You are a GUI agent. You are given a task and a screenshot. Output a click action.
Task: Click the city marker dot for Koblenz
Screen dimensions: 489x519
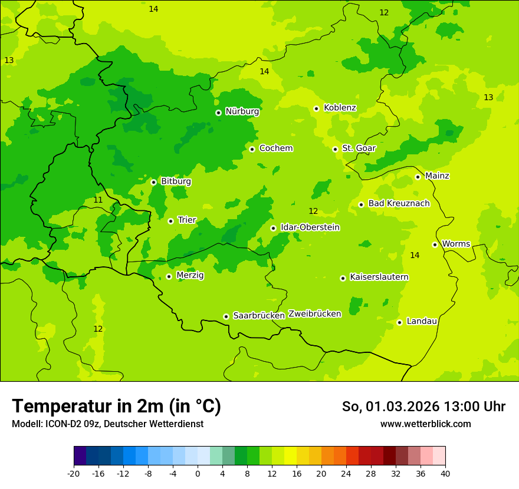tap(316, 108)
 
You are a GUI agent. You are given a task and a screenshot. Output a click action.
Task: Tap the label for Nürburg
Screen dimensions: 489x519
tap(242, 111)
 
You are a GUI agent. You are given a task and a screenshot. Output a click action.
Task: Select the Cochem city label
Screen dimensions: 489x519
tap(275, 148)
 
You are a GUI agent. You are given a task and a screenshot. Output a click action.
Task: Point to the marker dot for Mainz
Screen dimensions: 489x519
tap(418, 177)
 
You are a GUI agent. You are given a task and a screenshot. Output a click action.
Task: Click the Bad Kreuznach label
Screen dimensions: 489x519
tap(399, 204)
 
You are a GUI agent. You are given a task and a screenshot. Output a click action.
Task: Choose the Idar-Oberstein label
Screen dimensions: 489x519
tap(310, 227)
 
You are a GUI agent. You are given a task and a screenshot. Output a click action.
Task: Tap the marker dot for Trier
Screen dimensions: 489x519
tap(170, 221)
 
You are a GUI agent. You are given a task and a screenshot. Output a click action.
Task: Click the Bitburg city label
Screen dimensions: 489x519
tap(176, 181)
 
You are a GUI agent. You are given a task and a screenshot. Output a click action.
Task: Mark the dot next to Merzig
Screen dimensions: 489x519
tap(169, 276)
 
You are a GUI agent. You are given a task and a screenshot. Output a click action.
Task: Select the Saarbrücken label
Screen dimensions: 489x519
tap(258, 316)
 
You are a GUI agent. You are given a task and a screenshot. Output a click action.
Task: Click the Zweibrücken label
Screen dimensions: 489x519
tap(314, 314)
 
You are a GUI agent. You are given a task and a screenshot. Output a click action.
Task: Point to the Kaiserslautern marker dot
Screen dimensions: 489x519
tap(343, 278)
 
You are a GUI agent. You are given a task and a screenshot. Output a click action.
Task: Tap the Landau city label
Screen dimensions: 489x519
tap(422, 321)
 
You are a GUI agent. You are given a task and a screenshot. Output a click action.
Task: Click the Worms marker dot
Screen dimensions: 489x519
tap(435, 244)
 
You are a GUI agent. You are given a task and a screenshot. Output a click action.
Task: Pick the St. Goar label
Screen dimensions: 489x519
tap(359, 148)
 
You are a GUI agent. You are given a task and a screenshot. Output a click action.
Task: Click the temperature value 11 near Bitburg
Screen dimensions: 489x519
tap(98, 200)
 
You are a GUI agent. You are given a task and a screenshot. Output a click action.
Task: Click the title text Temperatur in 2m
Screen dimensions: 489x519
tap(116, 406)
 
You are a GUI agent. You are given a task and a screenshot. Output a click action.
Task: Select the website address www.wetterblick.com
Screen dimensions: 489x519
tap(425, 424)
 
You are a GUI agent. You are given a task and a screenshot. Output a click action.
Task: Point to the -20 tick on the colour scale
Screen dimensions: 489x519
tap(74, 473)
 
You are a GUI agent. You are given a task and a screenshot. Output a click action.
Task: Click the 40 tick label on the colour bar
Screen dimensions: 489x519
tap(445, 473)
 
